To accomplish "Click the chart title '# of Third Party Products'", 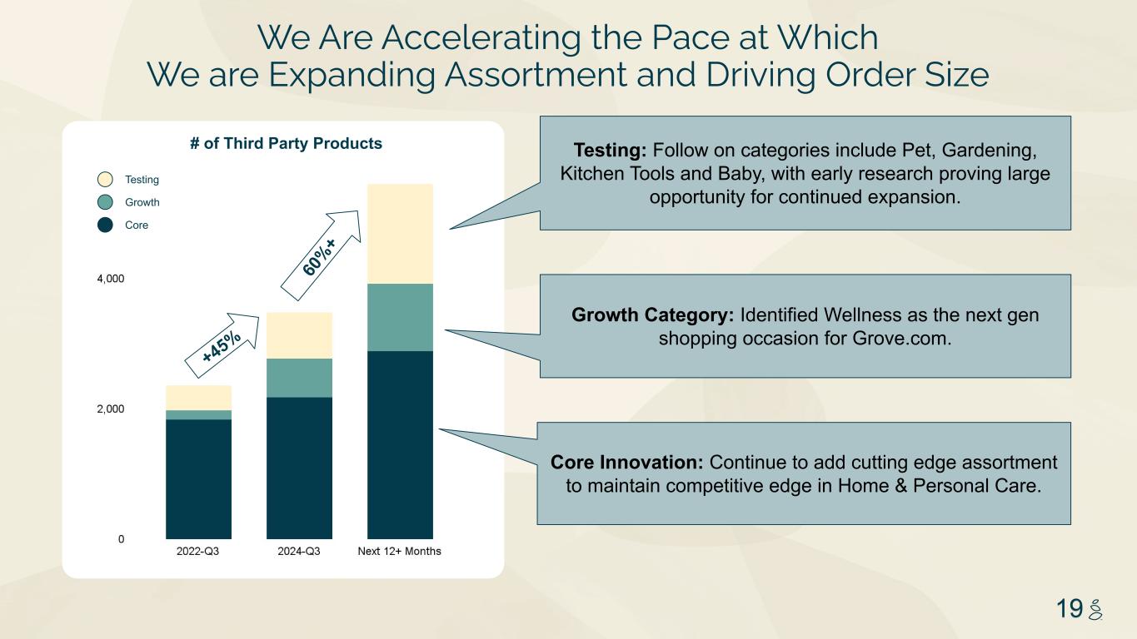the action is click(286, 143).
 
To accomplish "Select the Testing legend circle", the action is click(105, 180).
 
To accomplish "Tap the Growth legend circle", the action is click(105, 202).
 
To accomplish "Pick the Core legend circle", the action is click(105, 225).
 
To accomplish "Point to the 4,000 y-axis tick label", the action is click(111, 279).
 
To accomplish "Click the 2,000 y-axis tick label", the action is click(111, 409).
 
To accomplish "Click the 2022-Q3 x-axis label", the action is click(197, 552).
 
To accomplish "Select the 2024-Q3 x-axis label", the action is click(299, 552).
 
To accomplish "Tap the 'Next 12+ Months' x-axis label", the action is click(400, 552).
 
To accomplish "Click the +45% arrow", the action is click(222, 345).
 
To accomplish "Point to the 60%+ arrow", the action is click(321, 255).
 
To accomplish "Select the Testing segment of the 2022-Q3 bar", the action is click(198, 398).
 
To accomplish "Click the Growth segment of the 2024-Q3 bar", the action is click(300, 379).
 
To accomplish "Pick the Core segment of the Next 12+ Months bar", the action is click(400, 445).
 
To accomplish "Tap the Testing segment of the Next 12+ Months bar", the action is click(400, 234).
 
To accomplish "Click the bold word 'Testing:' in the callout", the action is click(610, 151).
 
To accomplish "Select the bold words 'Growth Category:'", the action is click(653, 315).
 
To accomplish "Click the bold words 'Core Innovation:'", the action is click(627, 463).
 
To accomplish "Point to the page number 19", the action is click(1070, 608).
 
